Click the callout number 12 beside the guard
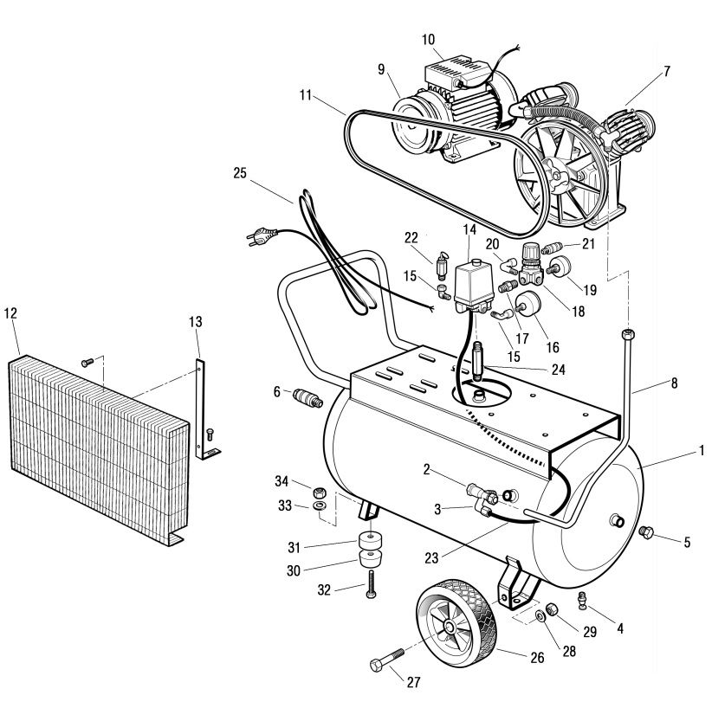click(x=10, y=312)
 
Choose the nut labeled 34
click(x=319, y=490)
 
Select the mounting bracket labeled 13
click(x=204, y=398)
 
